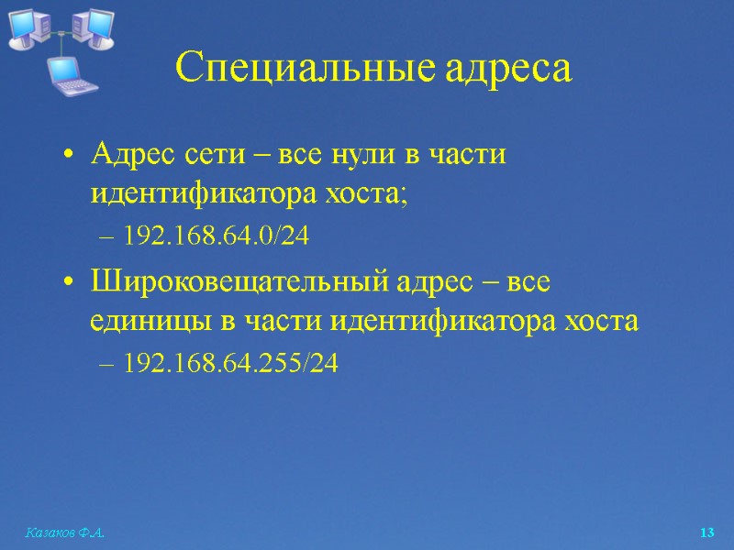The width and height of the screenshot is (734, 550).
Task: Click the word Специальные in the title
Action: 299,69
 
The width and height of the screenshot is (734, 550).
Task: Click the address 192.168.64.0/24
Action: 217,236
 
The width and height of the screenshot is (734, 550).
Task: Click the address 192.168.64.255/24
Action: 231,364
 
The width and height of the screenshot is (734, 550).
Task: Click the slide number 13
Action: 706,533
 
